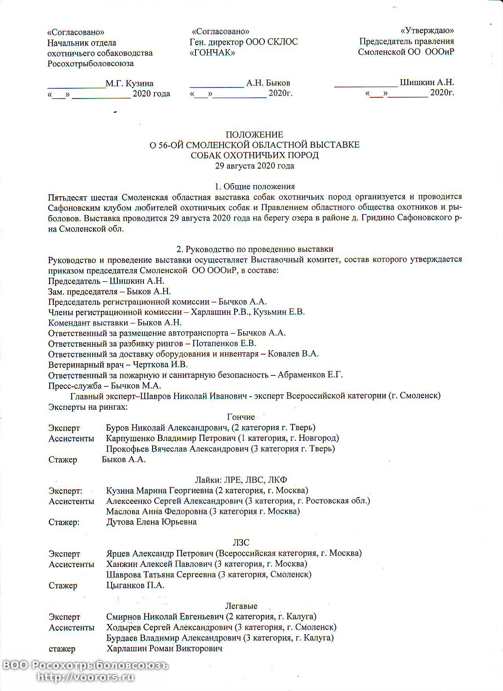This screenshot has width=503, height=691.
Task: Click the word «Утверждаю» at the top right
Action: (427, 31)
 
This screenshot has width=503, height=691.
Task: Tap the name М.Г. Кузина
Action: (130, 84)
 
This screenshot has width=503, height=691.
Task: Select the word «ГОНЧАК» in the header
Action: (212, 52)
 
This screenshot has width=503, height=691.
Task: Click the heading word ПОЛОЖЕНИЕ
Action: (254, 135)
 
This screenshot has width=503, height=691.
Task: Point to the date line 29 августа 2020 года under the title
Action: (254, 166)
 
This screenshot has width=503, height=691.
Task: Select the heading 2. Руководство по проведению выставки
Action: (255, 249)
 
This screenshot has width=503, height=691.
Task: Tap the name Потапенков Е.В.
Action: (224, 343)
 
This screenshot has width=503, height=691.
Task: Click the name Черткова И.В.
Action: (160, 364)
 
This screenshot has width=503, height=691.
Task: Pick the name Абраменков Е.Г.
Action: (310, 375)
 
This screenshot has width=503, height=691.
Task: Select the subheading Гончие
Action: (241, 417)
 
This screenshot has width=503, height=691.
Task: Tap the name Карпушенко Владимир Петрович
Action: (171, 438)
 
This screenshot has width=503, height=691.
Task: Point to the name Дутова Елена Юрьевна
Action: (151, 522)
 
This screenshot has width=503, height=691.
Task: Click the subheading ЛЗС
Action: (241, 542)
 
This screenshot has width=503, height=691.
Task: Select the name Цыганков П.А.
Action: (135, 585)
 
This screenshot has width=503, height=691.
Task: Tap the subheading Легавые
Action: (241, 606)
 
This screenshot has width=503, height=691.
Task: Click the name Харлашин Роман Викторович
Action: (164, 648)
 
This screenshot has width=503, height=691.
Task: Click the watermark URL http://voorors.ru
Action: (86, 678)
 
